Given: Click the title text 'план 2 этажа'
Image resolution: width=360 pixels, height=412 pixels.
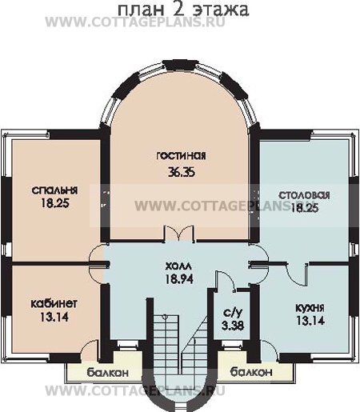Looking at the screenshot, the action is [x=183, y=10].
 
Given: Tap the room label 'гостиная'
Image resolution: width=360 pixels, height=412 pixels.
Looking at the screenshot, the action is [x=181, y=156].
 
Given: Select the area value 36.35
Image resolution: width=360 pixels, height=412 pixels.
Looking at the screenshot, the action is [x=182, y=172].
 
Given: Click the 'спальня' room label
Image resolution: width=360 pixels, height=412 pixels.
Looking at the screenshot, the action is [x=54, y=190].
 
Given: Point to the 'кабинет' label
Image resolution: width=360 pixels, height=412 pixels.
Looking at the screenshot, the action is [x=54, y=303].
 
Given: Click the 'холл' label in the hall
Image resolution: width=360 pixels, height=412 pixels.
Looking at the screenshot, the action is [x=178, y=266].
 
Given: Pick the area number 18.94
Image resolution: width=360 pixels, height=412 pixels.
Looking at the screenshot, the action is [x=179, y=279].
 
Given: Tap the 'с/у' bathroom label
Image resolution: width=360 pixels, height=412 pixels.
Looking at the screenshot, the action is [x=233, y=313].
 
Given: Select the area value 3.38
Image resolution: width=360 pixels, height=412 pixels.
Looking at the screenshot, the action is [x=233, y=326].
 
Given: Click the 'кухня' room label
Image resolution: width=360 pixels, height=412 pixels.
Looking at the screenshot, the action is [x=310, y=309].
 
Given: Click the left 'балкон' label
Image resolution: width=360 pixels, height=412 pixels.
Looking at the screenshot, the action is [x=108, y=373].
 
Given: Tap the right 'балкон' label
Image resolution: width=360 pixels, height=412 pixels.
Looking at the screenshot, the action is [x=251, y=371].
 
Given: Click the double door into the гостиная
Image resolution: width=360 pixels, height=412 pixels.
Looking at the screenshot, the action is [x=179, y=234].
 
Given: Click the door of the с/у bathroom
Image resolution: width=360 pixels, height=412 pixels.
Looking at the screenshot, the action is [x=226, y=281].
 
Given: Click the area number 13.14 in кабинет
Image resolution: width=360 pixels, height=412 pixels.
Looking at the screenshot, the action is [x=54, y=317].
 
